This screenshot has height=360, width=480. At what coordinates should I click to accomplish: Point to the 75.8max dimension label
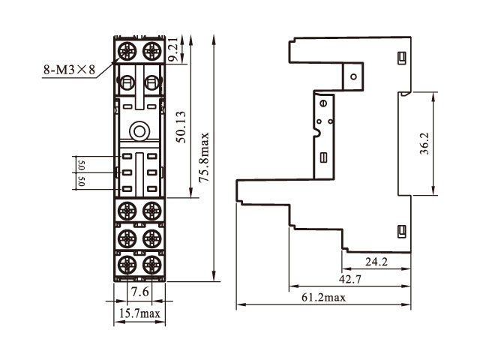(204, 158)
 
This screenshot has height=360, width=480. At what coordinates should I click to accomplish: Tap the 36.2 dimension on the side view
(424, 143)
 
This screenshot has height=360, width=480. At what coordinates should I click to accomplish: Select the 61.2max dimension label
(325, 298)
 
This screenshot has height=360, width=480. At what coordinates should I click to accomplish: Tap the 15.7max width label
(139, 313)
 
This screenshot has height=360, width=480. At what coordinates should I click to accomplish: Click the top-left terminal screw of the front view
(127, 51)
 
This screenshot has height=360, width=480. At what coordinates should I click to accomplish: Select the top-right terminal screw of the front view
(153, 51)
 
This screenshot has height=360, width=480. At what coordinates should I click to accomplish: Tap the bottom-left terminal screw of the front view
(127, 264)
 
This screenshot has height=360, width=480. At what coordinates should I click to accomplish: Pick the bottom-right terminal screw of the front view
(153, 264)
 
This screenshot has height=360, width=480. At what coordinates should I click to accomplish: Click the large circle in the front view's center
(139, 132)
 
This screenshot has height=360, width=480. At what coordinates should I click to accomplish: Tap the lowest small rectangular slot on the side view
(400, 229)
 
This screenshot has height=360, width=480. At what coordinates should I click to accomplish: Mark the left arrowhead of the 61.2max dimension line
(239, 305)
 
